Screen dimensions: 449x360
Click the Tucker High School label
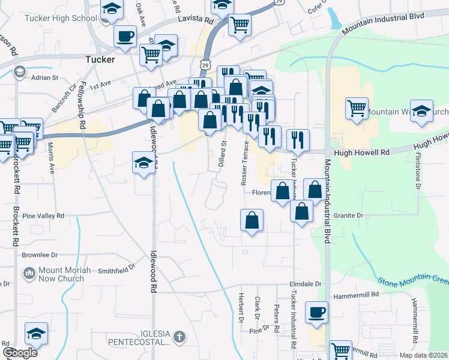click(60, 18)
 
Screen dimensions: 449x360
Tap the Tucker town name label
click(100, 59)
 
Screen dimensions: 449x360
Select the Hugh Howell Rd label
click(362, 152)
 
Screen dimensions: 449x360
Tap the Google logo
click(20, 352)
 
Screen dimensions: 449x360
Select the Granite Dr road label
click(349, 215)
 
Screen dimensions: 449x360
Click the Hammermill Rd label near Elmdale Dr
click(358, 295)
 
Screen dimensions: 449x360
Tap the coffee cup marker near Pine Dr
click(316, 313)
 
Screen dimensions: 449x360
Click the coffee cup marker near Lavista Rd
click(125, 36)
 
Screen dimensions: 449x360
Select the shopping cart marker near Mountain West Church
click(357, 109)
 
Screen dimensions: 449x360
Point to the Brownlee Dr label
click(40, 254)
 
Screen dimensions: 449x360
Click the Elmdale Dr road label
click(306, 283)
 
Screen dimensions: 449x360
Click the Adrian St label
click(44, 77)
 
